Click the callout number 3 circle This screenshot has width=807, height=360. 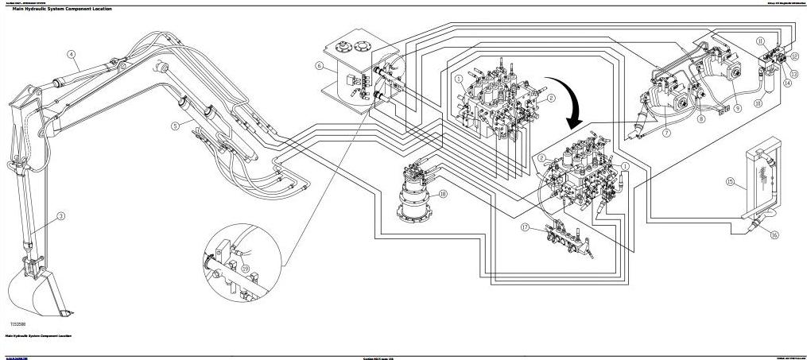(x=61, y=215)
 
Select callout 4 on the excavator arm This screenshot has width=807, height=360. (x=71, y=55)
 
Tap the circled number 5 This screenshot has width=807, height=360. (x=175, y=126)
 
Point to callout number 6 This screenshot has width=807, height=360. (x=319, y=66)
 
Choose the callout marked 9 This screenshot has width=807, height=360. (x=737, y=106)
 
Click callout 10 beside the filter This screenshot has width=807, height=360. (x=758, y=103)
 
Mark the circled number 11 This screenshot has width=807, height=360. (x=760, y=41)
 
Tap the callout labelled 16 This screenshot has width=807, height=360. (x=774, y=235)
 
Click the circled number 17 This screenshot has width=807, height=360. (x=526, y=227)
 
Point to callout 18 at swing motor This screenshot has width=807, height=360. (x=443, y=193)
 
